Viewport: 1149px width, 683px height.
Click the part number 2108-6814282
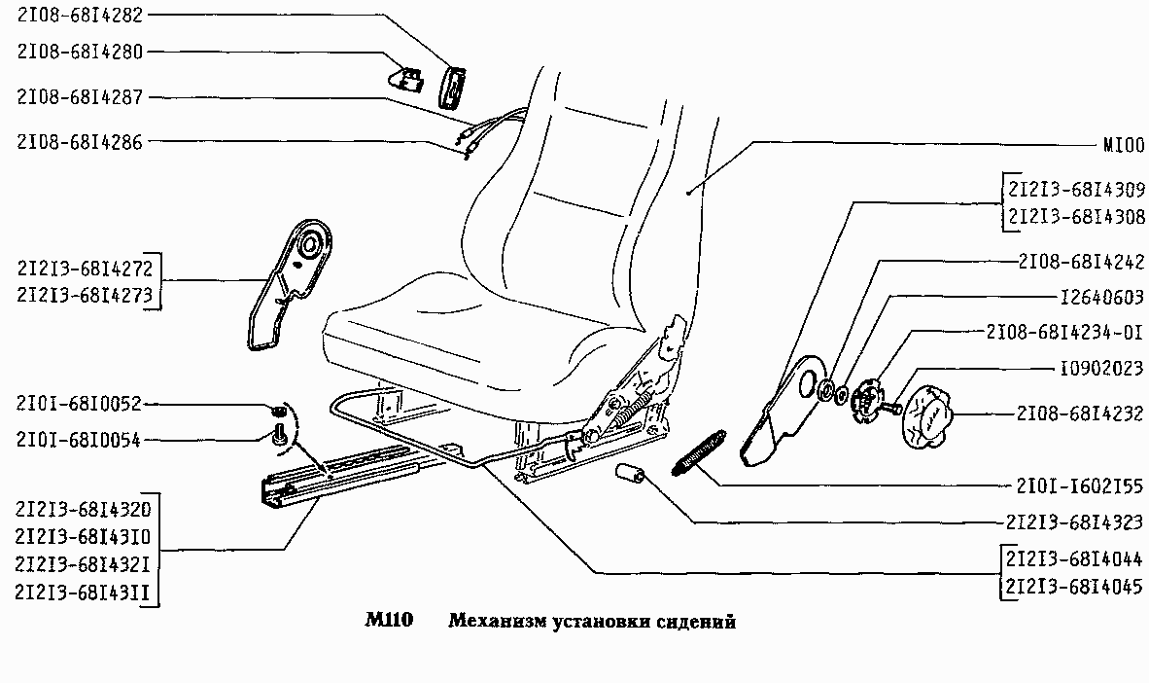(80, 17)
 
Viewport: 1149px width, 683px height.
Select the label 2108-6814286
(80, 142)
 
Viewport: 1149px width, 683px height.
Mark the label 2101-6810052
(80, 402)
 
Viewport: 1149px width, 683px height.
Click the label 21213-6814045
(1074, 588)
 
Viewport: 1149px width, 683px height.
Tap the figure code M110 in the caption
(390, 621)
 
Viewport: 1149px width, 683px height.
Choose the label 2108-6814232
(1079, 413)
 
